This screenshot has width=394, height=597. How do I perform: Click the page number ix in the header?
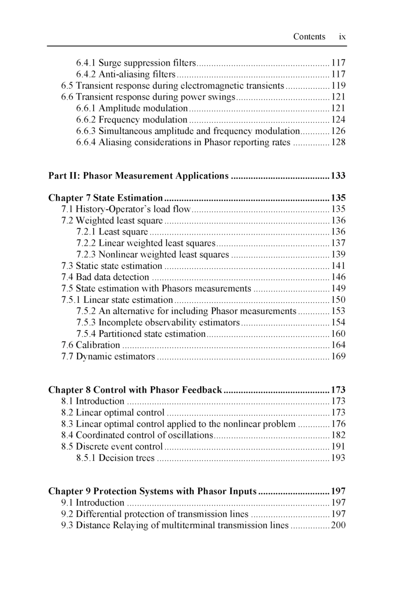coord(342,37)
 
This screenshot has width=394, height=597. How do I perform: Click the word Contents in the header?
coord(309,37)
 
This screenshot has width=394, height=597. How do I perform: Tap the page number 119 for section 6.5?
coord(338,86)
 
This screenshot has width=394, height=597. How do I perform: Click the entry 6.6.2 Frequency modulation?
coord(132,120)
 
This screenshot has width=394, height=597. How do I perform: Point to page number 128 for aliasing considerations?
coord(338,143)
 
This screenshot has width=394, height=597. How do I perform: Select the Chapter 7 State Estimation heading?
coord(105,198)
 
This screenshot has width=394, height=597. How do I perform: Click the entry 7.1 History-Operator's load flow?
coord(126,209)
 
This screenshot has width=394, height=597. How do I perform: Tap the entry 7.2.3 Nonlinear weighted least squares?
coord(153,254)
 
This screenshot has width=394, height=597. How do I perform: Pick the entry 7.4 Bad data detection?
coord(105,277)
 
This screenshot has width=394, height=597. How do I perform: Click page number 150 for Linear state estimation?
coord(338,300)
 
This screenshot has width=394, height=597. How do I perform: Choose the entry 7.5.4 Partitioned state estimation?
coord(141,334)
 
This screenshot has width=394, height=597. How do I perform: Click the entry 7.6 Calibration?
coord(91,345)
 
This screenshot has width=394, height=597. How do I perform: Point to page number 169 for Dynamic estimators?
coord(338,357)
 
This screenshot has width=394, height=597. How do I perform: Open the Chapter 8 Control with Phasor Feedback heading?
coord(135,390)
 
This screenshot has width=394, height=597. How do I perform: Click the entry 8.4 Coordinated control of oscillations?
coord(137,435)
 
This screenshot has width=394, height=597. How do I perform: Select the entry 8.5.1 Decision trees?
coord(115,458)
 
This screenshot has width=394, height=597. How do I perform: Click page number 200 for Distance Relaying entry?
coord(338,525)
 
